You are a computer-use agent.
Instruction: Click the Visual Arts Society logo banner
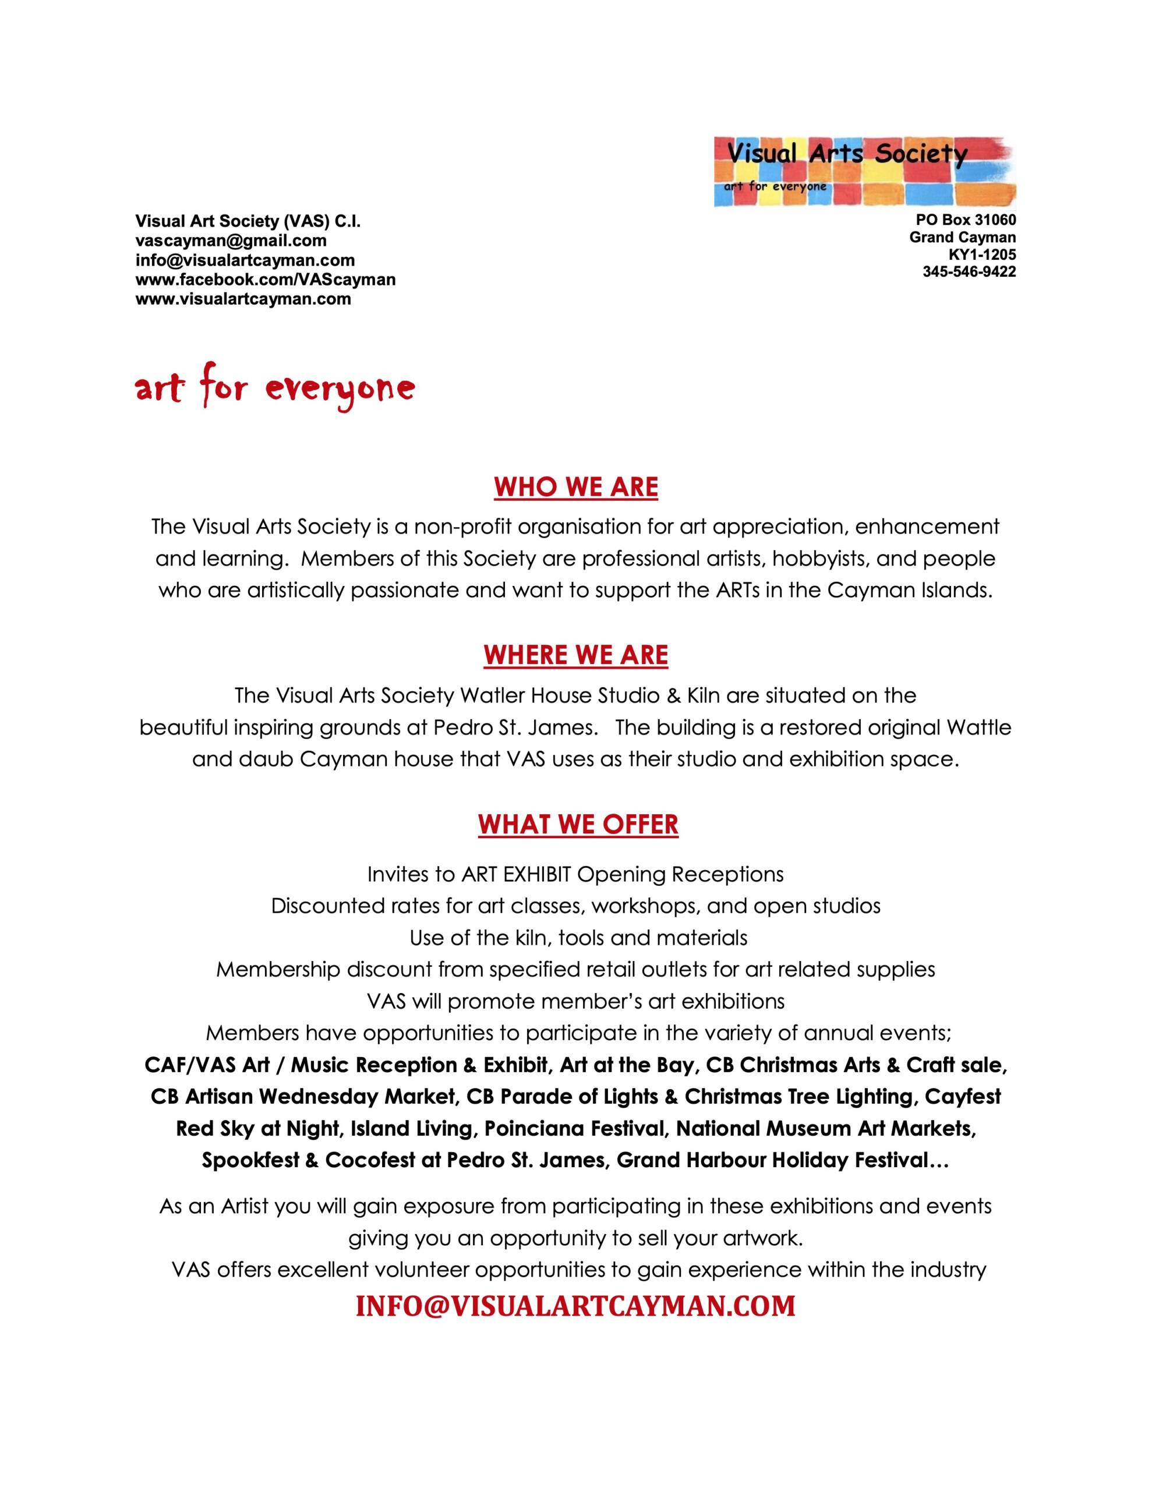[x=864, y=171]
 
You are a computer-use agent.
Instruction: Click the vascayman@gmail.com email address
[x=231, y=241]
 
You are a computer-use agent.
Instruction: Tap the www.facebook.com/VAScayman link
[x=266, y=279]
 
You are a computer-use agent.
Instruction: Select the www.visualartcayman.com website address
[x=243, y=299]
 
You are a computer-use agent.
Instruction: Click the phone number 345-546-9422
[x=969, y=272]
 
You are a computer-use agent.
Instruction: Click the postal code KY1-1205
[x=982, y=255]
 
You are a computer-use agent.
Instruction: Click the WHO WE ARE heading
[x=575, y=487]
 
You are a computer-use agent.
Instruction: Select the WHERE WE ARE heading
[x=575, y=655]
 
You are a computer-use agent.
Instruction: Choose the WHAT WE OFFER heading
[x=578, y=824]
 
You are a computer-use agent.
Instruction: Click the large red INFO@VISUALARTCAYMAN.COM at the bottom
[x=575, y=1305]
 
